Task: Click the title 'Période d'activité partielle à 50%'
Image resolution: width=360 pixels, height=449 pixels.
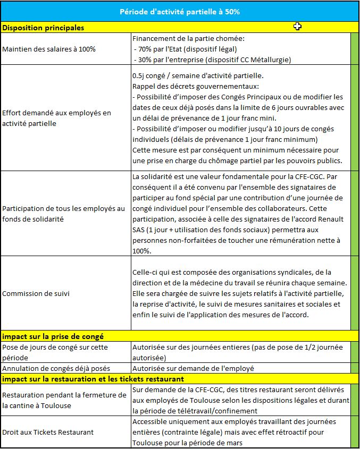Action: click(x=179, y=11)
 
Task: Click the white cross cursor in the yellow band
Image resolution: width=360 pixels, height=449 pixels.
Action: click(x=298, y=27)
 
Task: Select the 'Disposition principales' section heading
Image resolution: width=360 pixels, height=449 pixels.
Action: click(x=43, y=27)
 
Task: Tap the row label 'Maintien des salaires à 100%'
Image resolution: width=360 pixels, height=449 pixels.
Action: click(x=49, y=49)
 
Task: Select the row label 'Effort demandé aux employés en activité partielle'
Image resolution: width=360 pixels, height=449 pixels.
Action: click(x=57, y=118)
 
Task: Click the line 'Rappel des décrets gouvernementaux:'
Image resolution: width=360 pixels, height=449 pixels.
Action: click(x=195, y=86)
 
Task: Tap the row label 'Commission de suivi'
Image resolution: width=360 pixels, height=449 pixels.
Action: click(x=36, y=293)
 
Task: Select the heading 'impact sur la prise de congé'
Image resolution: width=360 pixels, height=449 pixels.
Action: click(x=53, y=336)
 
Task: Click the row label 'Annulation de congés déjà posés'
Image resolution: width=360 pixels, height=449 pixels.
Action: click(x=56, y=368)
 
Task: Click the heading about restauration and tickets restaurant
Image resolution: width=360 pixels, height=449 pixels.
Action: click(x=93, y=379)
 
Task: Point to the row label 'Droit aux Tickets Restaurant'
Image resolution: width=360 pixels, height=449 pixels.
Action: click(x=48, y=432)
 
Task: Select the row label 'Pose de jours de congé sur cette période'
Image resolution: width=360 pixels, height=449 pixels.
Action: click(x=55, y=352)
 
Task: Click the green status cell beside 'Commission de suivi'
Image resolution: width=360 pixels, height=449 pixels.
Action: click(x=355, y=293)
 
